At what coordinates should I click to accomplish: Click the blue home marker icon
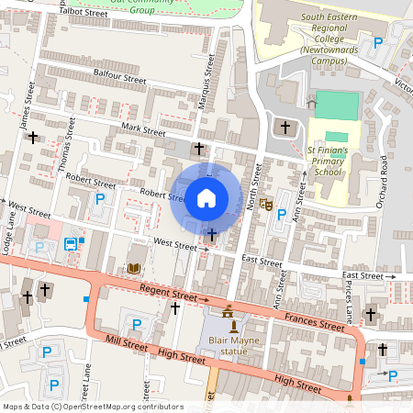pos(206,197)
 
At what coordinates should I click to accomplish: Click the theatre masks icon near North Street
pos(266,205)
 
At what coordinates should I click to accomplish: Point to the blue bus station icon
pos(71,244)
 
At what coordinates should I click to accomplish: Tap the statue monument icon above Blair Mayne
pos(233,326)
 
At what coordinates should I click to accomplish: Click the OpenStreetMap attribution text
pos(92,407)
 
